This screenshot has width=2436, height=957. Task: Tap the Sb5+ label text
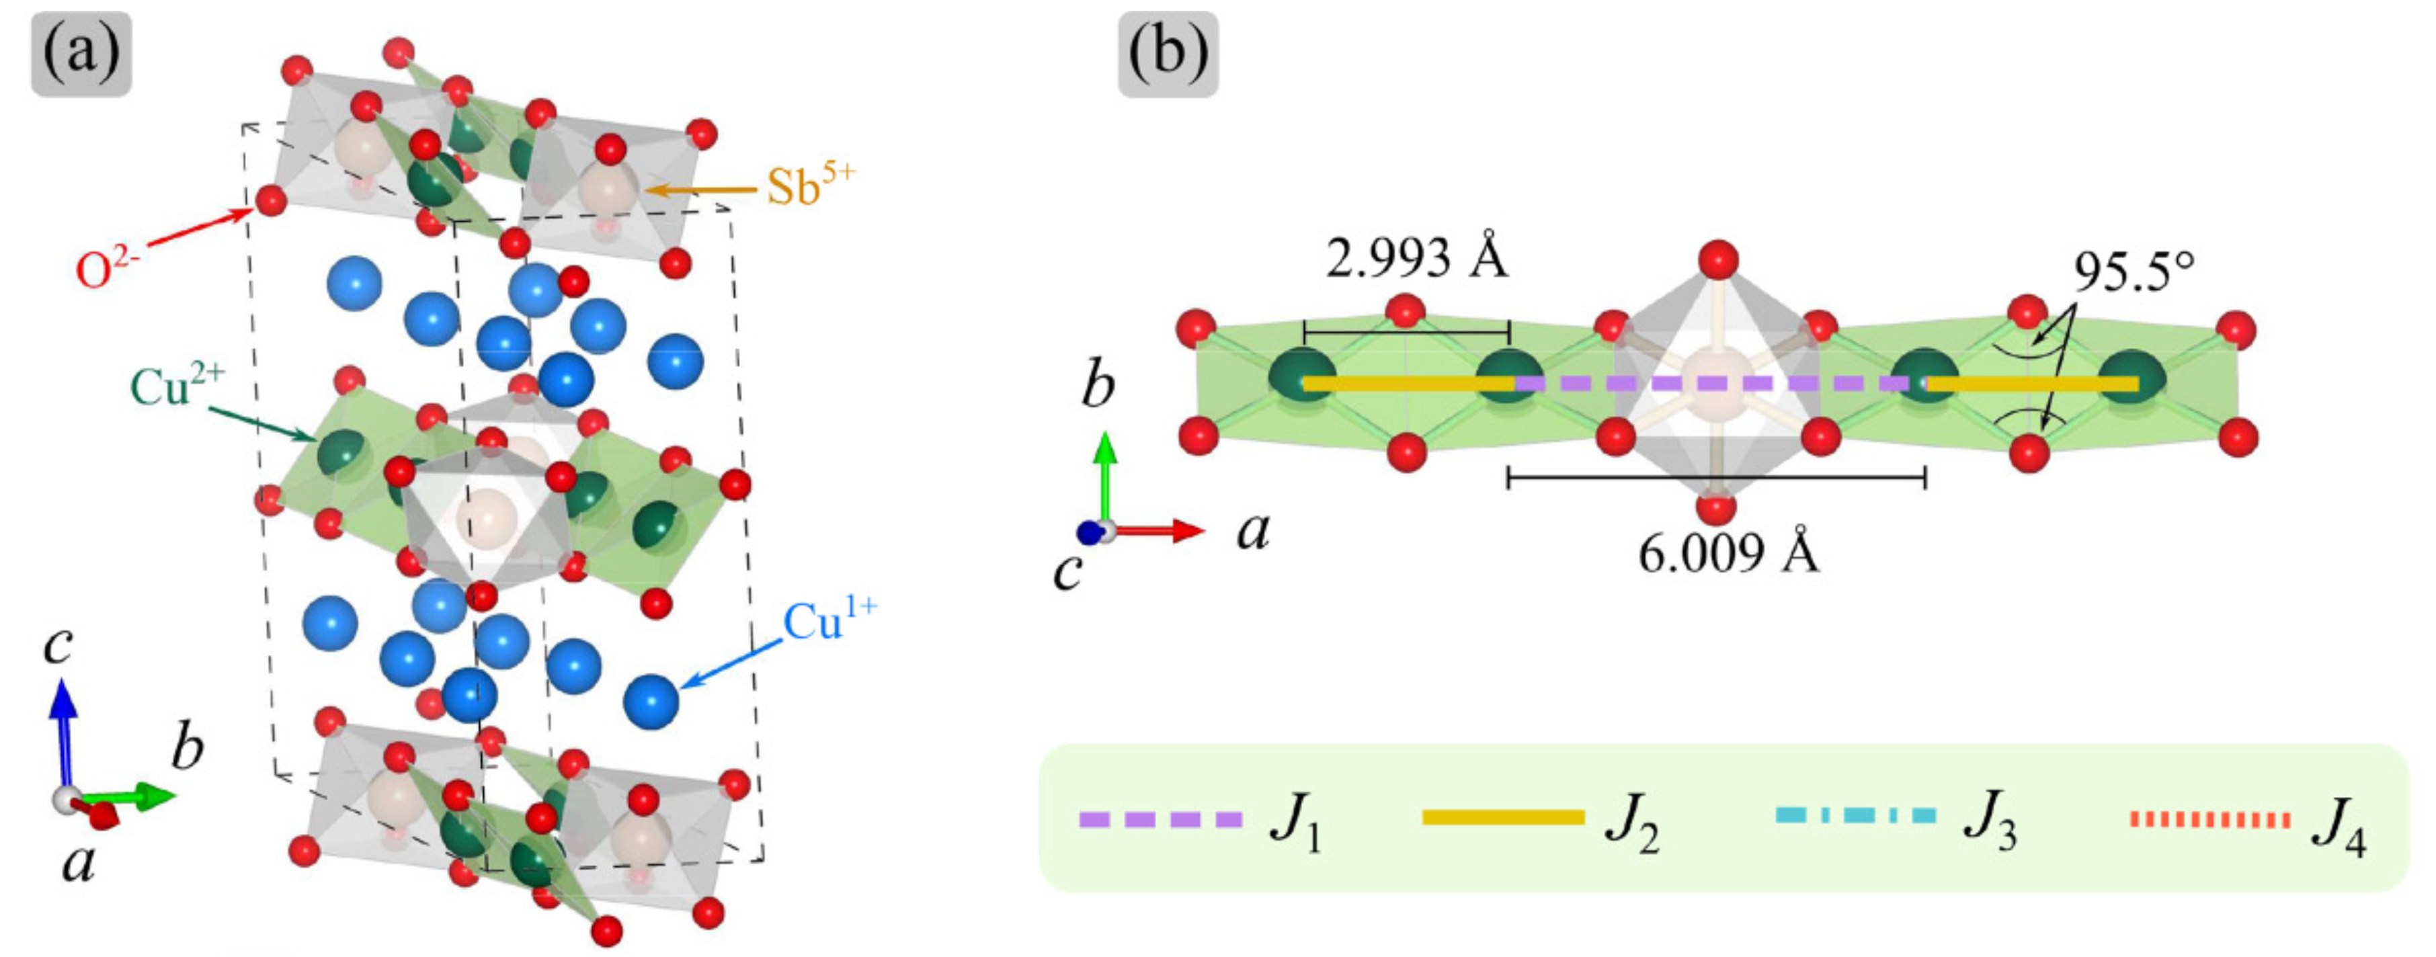[x=809, y=186]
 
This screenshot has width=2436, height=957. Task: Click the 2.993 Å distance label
[x=1416, y=257]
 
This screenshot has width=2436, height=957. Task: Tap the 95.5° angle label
[x=2134, y=274]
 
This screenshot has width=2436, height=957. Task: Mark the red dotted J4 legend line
[x=2210, y=819]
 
